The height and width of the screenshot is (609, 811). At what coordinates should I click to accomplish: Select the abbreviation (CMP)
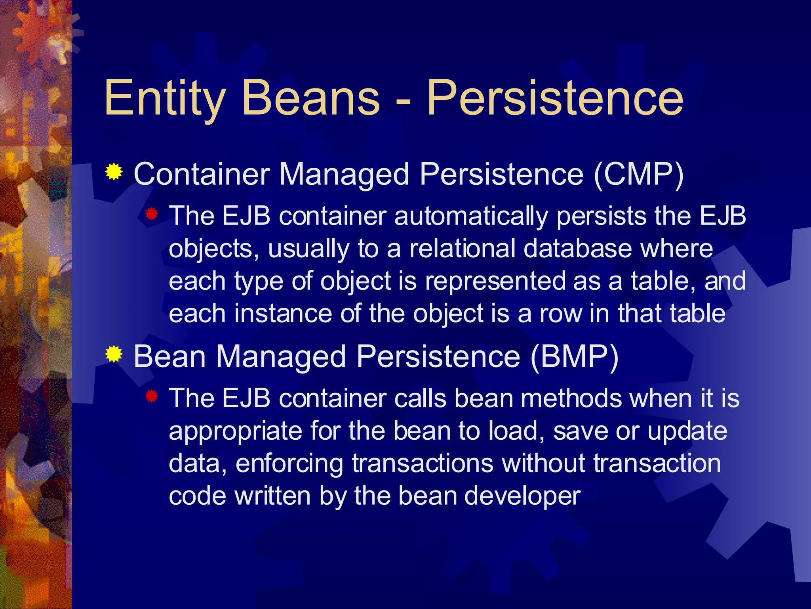click(x=638, y=174)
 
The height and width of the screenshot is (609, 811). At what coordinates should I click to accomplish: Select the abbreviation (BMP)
click(x=574, y=356)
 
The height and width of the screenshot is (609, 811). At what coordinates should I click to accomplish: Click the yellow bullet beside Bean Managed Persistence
click(x=114, y=354)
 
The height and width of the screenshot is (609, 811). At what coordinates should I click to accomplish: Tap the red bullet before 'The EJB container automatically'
click(x=151, y=214)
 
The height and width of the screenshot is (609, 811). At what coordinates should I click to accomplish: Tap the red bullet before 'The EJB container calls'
click(x=151, y=396)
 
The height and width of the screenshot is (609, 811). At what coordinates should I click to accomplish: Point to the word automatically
click(x=471, y=217)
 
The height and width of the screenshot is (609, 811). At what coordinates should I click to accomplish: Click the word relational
click(x=462, y=249)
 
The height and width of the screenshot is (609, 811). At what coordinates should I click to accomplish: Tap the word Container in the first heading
click(x=202, y=174)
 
